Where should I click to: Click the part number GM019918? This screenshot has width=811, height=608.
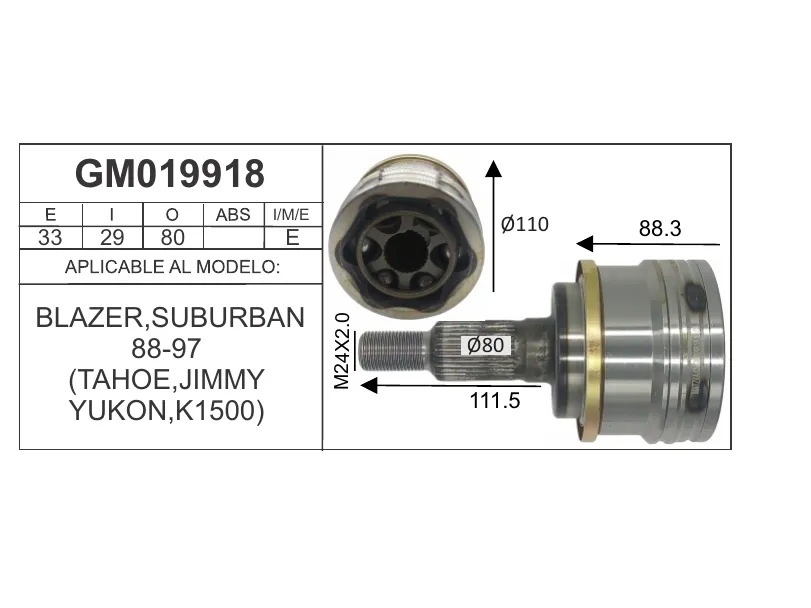(x=170, y=174)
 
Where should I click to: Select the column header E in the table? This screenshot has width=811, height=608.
(x=50, y=215)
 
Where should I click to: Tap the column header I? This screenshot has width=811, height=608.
(x=112, y=215)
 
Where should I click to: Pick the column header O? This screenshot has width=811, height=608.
(x=172, y=215)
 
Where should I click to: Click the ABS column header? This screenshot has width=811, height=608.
(x=233, y=215)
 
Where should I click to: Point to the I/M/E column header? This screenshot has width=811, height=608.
(x=291, y=215)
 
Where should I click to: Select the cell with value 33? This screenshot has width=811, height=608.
(x=50, y=238)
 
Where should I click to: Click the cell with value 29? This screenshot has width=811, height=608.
(x=112, y=238)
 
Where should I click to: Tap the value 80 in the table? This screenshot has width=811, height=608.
(x=172, y=238)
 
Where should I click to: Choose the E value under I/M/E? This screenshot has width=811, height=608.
(x=292, y=237)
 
